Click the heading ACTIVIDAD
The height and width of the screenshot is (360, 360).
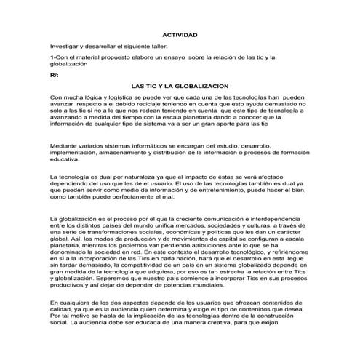click(179, 34)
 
